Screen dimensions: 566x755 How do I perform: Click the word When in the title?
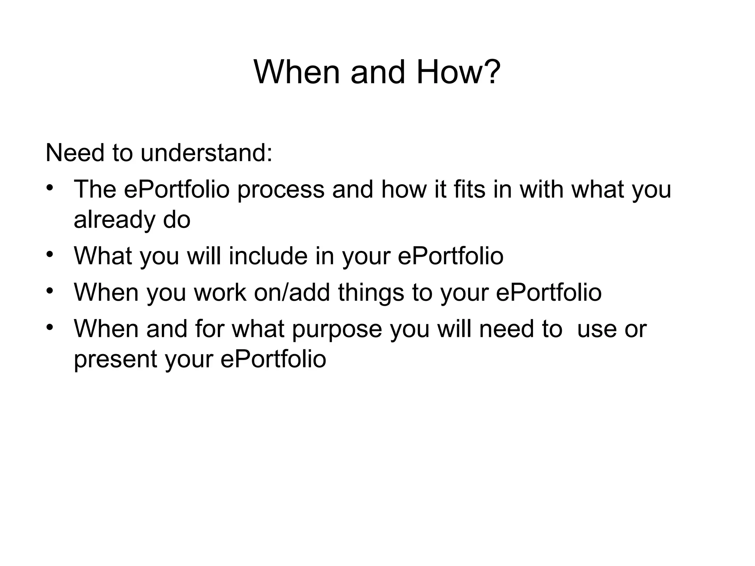coord(296,72)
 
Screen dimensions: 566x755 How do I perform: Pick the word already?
coord(114,220)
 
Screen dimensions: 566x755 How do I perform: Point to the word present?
coord(115,360)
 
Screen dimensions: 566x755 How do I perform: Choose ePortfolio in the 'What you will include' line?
coord(450,256)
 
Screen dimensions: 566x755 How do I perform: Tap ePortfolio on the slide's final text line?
coord(273,359)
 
